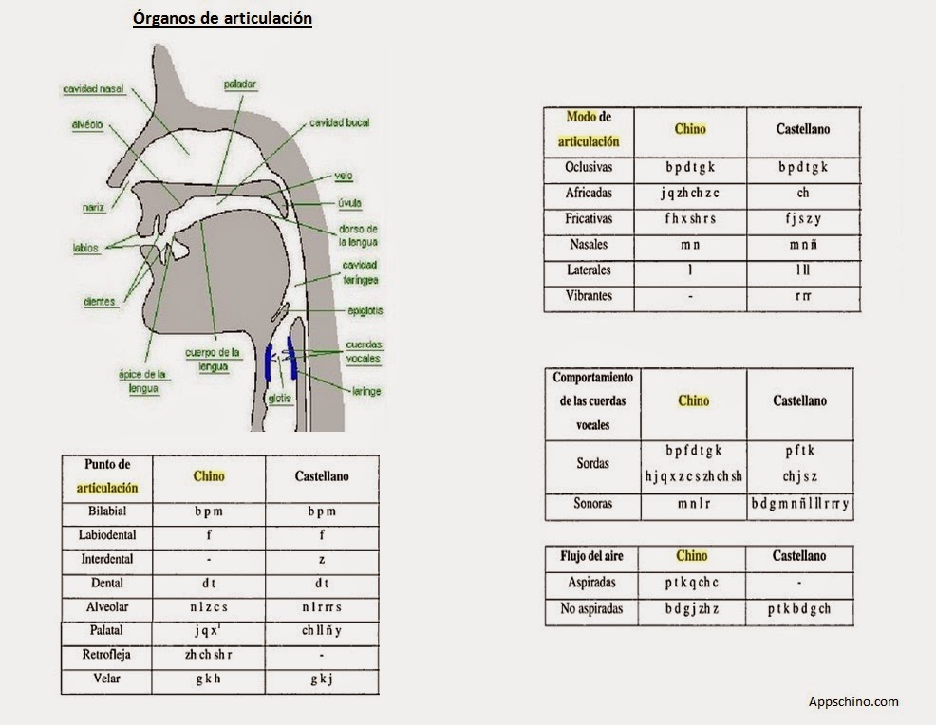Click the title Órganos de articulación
222,18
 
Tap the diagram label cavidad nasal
94,89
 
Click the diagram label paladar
240,84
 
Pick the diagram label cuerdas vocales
364,351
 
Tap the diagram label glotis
278,399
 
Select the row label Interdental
106,559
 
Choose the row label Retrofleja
106,655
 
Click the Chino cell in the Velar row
208,679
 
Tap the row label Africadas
589,193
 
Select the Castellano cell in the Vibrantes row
803,296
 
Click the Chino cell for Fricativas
690,218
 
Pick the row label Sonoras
592,505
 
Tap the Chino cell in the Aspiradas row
692,583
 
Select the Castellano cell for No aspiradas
799,609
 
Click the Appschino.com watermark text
853,702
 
